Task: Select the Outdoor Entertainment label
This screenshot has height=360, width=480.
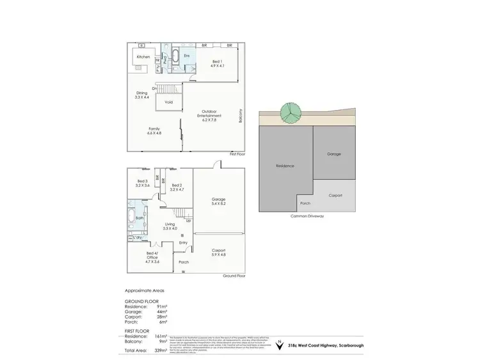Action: tap(211, 116)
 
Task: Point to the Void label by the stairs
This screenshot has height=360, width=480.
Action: tap(169, 102)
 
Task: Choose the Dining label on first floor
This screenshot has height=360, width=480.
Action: tap(141, 95)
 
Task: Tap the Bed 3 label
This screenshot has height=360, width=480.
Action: tap(143, 183)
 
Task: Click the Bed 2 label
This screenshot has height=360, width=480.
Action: tap(177, 187)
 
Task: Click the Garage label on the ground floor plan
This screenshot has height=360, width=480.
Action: tap(219, 201)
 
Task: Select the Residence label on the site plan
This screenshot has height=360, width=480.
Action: tap(285, 166)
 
